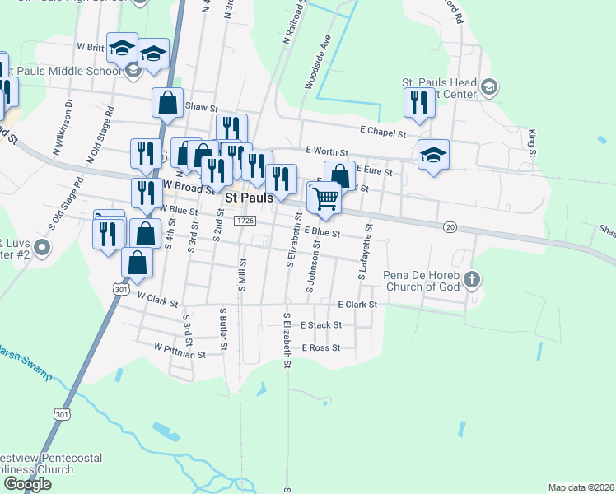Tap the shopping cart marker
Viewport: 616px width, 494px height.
tap(326, 198)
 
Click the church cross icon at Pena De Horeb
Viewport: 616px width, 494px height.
tap(471, 278)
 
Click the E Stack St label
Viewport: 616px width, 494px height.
tap(320, 325)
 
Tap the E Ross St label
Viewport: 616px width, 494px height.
tap(320, 348)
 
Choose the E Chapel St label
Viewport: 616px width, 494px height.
tap(383, 132)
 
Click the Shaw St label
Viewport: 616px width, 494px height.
tap(201, 107)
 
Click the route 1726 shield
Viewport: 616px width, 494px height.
tap(244, 221)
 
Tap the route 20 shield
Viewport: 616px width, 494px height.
tap(449, 226)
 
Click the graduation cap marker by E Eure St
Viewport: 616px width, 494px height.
tap(433, 155)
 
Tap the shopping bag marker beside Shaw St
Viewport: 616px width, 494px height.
tap(167, 103)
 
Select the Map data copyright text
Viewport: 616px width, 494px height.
tap(580, 487)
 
